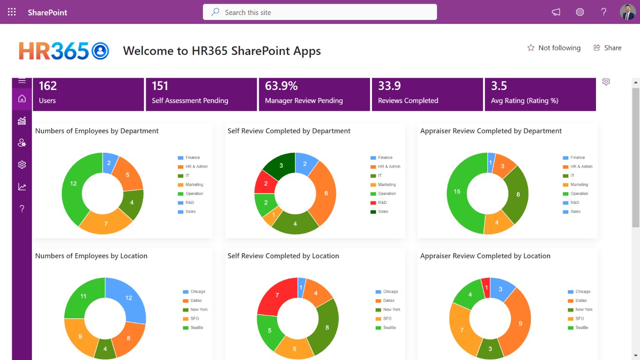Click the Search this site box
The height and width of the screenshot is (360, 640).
point(320,12)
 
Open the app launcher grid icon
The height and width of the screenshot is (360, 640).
point(12,12)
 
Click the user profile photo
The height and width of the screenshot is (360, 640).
point(627,12)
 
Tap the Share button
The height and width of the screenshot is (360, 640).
point(607,48)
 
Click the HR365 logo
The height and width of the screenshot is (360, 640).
point(64,51)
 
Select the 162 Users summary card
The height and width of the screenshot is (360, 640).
point(88,94)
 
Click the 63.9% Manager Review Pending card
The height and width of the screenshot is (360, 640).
point(314,94)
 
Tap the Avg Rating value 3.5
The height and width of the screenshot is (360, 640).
point(499,86)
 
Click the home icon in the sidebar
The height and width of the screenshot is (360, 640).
point(22,99)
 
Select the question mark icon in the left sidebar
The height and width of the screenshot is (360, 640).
point(22,209)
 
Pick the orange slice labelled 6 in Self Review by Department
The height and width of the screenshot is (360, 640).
point(326,193)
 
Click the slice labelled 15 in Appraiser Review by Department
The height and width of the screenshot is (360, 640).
point(457,191)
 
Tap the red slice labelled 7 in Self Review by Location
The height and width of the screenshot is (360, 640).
point(277,295)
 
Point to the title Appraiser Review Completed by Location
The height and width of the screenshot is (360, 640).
point(485,256)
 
